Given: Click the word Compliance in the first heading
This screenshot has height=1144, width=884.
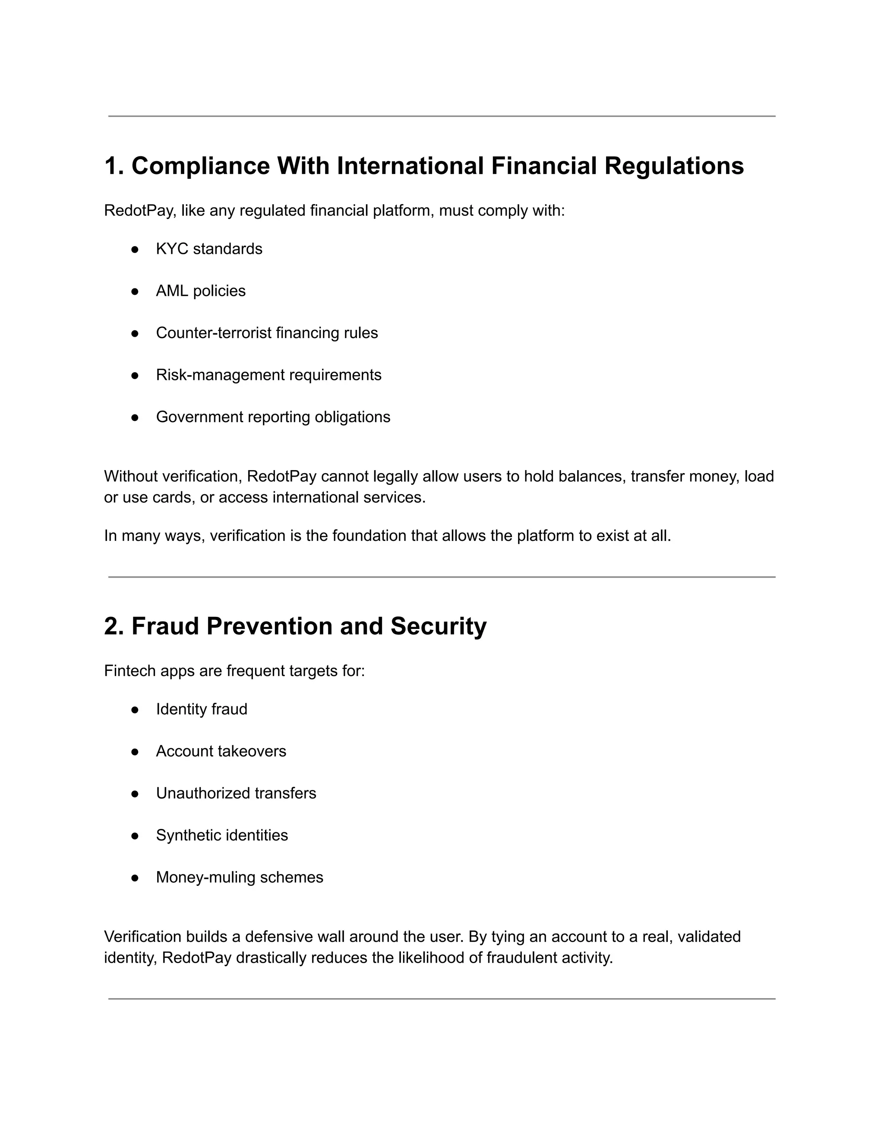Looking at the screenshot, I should click(200, 166).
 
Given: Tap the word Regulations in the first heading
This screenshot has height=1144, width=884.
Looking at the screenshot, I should click(674, 166).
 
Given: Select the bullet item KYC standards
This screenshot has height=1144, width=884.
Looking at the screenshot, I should click(209, 249).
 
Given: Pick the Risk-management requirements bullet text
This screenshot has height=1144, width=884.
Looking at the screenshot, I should click(268, 375).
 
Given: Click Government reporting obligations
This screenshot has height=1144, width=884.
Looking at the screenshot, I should click(273, 417).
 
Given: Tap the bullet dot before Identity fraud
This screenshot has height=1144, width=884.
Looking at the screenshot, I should click(135, 710).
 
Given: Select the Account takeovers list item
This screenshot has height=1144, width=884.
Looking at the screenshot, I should click(221, 751).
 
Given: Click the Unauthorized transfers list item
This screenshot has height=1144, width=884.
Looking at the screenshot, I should click(236, 793).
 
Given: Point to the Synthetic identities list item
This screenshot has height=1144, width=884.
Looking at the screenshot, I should click(221, 835).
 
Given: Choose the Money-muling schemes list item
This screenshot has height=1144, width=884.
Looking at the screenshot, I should click(239, 877).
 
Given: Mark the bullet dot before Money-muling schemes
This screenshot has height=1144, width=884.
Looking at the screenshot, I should click(135, 878).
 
